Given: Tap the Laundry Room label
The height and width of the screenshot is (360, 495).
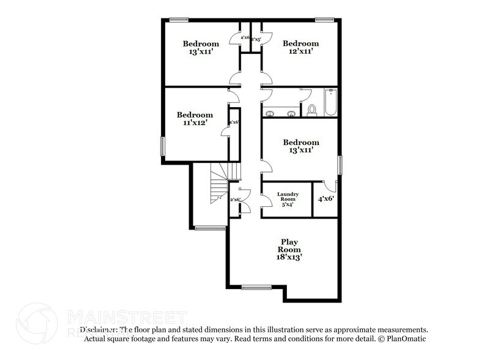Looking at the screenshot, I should pyautogui.click(x=288, y=197).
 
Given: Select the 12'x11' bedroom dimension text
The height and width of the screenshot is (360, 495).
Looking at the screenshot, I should pyautogui.click(x=301, y=52).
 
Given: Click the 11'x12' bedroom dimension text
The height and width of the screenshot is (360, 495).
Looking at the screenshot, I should pyautogui.click(x=195, y=123).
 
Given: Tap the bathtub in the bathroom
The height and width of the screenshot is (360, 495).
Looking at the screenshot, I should pyautogui.click(x=331, y=102).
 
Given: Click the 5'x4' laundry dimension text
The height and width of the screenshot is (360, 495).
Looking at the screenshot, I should pyautogui.click(x=288, y=204).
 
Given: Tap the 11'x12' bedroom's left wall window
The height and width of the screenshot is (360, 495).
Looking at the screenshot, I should pyautogui.click(x=163, y=146).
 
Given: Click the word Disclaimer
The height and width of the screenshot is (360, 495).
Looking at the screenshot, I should pyautogui.click(x=98, y=329).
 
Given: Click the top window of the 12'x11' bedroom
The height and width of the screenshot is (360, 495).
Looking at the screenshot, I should pyautogui.click(x=325, y=20).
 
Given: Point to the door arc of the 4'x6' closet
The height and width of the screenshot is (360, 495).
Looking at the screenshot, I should pyautogui.click(x=330, y=185).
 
